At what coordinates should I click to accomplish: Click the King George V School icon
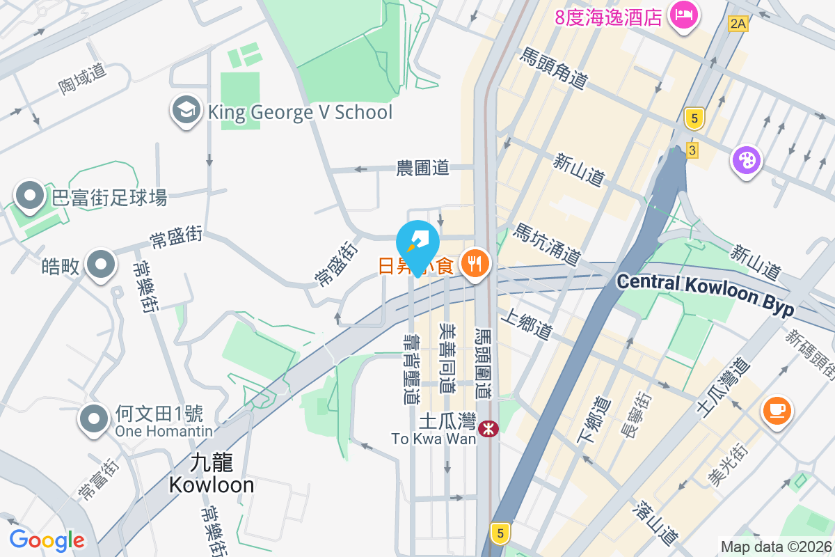(x=186, y=111)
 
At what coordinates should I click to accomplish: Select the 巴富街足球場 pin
(x=30, y=196)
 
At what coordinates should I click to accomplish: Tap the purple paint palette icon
(x=746, y=161)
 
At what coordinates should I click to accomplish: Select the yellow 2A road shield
(x=738, y=24)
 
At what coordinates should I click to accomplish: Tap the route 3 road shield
(x=691, y=150)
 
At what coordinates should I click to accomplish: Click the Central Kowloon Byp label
(x=705, y=293)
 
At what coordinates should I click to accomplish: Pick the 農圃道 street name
(x=423, y=168)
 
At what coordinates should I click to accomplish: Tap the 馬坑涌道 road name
(x=547, y=244)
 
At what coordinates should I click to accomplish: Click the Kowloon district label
(x=212, y=474)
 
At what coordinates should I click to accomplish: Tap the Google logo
(x=47, y=540)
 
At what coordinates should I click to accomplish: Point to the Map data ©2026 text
(x=776, y=547)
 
